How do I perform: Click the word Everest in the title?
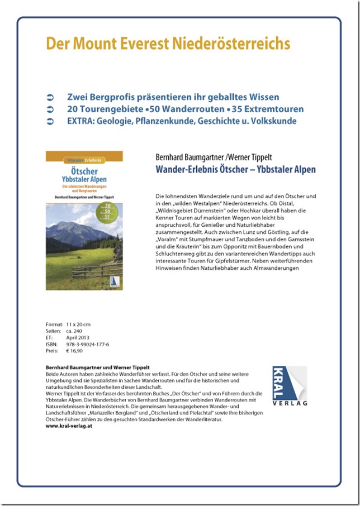[140, 43]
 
